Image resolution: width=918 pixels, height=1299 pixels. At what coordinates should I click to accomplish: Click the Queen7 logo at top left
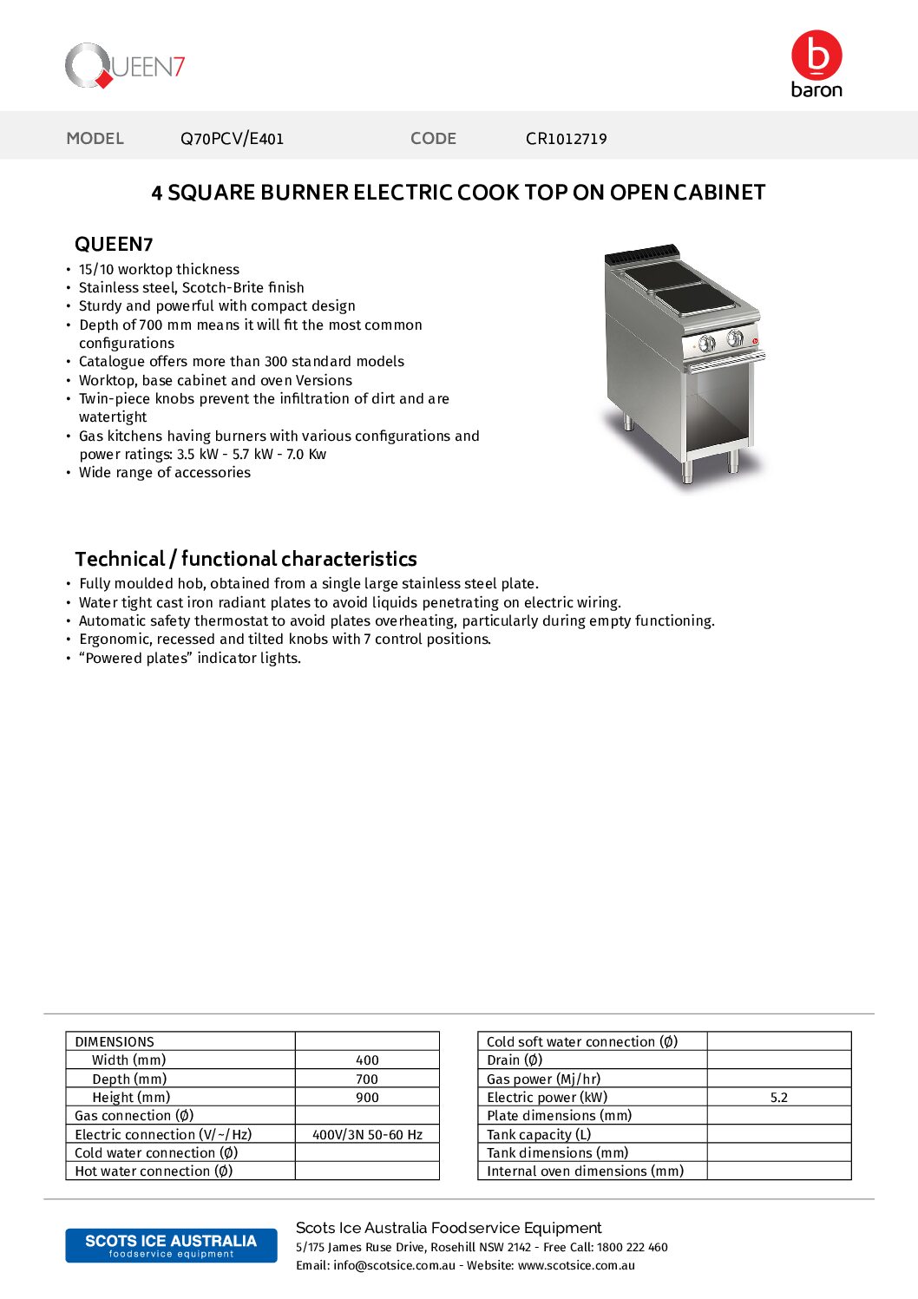[x=125, y=66]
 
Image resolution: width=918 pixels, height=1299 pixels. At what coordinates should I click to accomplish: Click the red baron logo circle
[x=816, y=56]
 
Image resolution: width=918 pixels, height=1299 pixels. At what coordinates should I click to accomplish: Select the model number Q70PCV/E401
[x=232, y=139]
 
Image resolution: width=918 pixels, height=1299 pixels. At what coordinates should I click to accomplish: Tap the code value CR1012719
[x=566, y=139]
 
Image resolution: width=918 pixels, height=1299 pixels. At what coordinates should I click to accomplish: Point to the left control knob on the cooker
[x=707, y=344]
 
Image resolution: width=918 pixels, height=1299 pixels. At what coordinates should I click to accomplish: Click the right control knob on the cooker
[x=735, y=338]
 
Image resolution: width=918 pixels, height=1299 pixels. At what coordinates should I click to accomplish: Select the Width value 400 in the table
[x=367, y=1060]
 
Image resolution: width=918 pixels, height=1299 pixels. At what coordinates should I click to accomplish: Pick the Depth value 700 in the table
[x=367, y=1079]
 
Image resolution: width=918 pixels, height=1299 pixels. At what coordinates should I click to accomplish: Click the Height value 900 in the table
[x=367, y=1098]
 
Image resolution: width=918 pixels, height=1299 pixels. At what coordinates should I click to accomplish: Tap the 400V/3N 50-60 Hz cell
[x=367, y=1135]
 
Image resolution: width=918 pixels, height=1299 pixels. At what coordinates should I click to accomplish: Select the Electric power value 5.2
[x=778, y=1098]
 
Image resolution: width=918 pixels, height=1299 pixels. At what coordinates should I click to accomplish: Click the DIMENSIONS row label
[x=115, y=1042]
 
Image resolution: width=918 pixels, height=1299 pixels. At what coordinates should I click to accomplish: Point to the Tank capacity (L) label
[x=539, y=1135]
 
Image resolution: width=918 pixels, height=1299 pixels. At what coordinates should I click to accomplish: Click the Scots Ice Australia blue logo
[x=171, y=1245]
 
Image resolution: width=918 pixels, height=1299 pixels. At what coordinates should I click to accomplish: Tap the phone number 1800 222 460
[x=632, y=1248]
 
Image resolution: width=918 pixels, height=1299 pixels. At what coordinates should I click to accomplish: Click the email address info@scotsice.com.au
[x=394, y=1266]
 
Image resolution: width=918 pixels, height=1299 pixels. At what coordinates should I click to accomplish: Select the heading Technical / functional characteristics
[x=246, y=559]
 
